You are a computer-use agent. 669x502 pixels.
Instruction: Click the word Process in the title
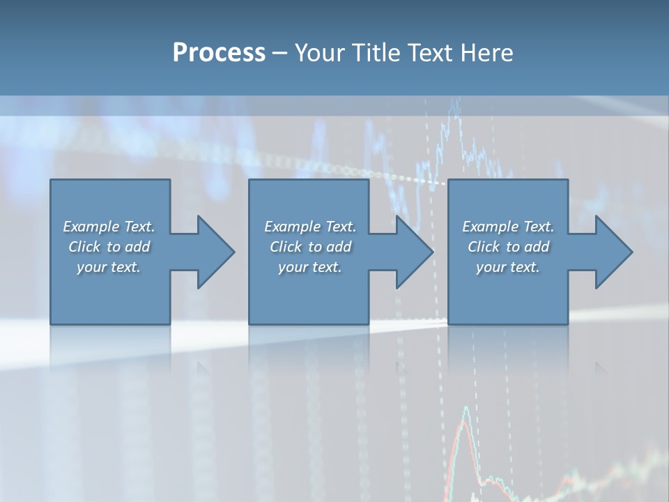[x=219, y=53]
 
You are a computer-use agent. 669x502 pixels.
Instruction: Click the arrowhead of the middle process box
[x=413, y=252]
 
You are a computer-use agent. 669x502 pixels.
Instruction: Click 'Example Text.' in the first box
[x=109, y=227]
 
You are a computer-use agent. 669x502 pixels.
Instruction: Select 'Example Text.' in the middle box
[x=310, y=227]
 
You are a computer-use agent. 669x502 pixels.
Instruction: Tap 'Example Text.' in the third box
[x=508, y=227]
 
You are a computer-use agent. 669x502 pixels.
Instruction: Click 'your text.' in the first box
[x=109, y=267]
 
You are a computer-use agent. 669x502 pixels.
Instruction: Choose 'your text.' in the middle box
[x=310, y=267]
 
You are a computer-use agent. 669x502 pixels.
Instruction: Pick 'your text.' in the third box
[x=508, y=267]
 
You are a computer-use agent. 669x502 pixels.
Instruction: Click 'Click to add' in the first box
[x=109, y=247]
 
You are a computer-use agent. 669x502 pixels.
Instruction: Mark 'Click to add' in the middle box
[x=310, y=247]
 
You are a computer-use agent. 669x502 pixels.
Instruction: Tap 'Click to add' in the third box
[x=508, y=247]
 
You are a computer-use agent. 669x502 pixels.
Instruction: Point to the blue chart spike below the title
[x=456, y=112]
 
